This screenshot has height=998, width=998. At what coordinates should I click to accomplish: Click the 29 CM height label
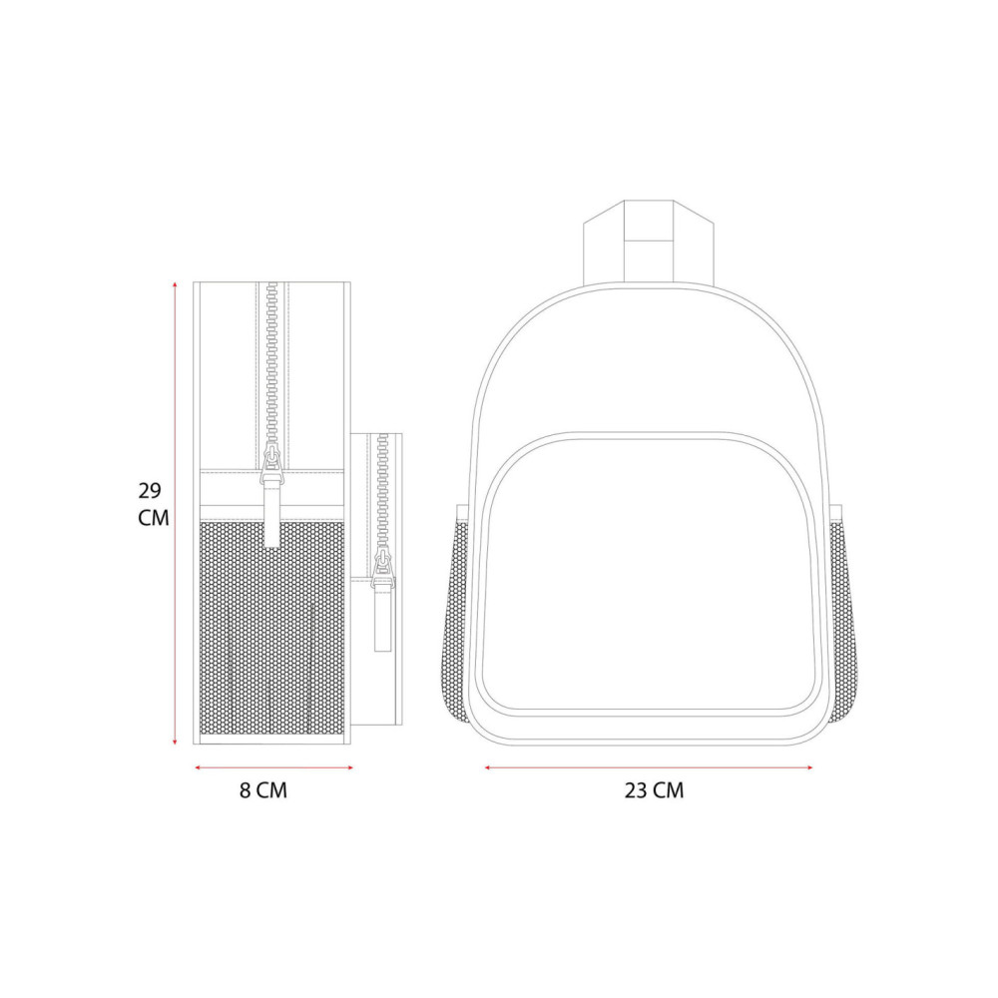tap(154, 504)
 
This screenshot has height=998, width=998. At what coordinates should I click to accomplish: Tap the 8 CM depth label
tap(263, 790)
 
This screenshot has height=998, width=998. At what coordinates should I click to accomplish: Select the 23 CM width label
tap(655, 790)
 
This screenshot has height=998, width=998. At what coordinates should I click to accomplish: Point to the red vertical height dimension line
tap(175, 513)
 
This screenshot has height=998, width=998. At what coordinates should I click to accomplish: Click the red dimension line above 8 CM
tap(273, 767)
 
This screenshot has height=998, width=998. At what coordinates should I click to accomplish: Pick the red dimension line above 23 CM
tap(649, 767)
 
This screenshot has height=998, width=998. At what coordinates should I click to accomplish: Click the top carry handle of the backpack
tap(649, 242)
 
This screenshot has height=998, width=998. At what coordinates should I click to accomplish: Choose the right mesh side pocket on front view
tap(842, 621)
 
